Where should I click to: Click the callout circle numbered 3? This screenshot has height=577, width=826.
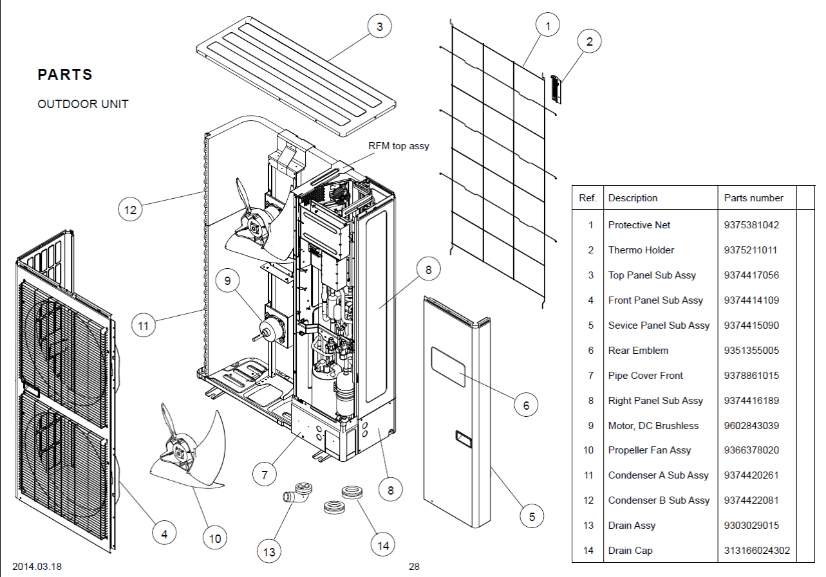(x=380, y=26)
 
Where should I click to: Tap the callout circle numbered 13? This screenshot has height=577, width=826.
(x=269, y=551)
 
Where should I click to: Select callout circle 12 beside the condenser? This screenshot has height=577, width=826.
(x=131, y=210)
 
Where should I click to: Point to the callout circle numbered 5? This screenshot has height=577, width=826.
(x=532, y=516)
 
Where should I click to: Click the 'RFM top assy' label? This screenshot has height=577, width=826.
(x=399, y=146)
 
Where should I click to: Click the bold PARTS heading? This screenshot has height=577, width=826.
(x=65, y=75)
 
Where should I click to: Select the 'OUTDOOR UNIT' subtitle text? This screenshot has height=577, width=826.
(x=83, y=104)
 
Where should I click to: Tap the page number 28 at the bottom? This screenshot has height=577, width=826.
(x=414, y=567)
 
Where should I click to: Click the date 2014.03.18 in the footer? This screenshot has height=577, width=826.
(x=37, y=567)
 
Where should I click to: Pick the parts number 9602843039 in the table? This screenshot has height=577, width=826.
(x=751, y=426)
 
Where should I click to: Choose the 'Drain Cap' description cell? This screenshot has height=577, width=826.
(x=630, y=551)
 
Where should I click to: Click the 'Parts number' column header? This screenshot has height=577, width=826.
(x=754, y=198)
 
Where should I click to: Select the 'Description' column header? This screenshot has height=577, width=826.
(x=633, y=198)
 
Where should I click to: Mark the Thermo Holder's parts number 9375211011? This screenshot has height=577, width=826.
(x=750, y=250)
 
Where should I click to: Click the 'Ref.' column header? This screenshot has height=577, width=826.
(x=588, y=198)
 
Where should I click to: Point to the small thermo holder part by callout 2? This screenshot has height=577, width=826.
(x=556, y=89)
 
